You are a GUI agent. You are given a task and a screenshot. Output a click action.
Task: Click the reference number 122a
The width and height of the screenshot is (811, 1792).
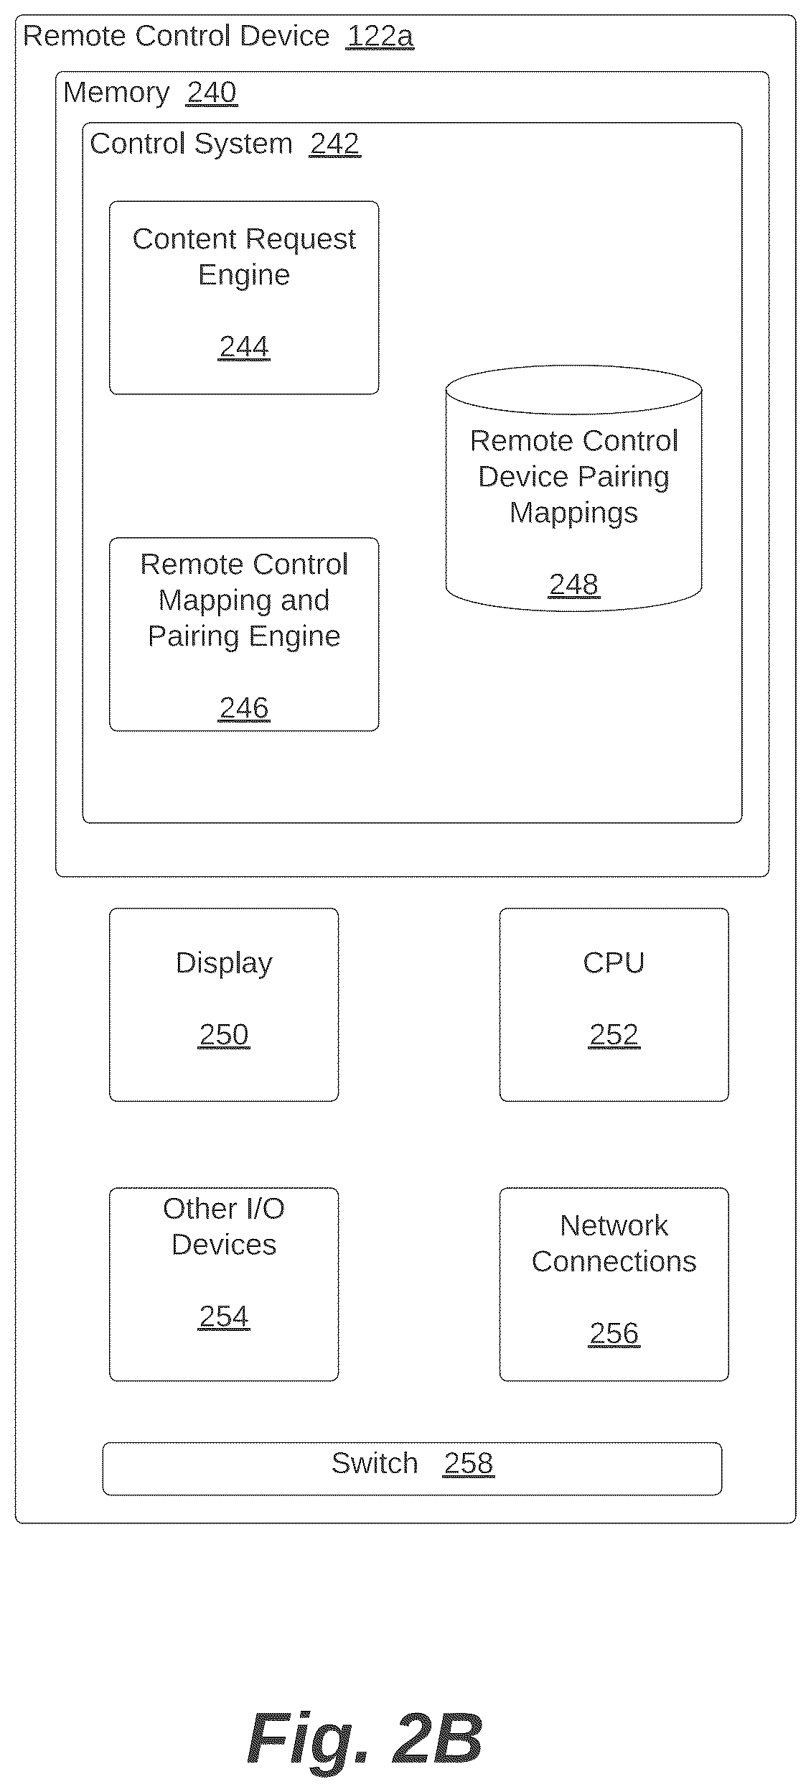(x=380, y=36)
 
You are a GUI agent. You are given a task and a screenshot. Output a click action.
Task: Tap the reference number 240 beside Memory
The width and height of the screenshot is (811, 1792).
(x=212, y=93)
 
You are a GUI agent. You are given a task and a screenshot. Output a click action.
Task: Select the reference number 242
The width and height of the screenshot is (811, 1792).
(x=334, y=144)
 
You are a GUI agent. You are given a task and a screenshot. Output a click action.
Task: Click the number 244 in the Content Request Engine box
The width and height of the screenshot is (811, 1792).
(x=244, y=347)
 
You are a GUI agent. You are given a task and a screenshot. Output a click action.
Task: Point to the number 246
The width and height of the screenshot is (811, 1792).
(x=244, y=708)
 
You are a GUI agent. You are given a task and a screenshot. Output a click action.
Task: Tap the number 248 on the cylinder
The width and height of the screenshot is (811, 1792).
(x=573, y=585)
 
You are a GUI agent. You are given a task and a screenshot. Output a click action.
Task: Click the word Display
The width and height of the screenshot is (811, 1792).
(x=224, y=963)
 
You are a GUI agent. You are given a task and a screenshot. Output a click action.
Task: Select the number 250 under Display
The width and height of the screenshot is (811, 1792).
(x=224, y=1034)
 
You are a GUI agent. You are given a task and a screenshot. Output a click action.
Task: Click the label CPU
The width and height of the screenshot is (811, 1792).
(x=614, y=962)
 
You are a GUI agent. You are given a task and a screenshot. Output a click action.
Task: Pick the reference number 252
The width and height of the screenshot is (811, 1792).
(x=614, y=1034)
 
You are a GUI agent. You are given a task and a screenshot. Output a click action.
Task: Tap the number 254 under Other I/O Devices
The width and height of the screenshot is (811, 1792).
(x=224, y=1317)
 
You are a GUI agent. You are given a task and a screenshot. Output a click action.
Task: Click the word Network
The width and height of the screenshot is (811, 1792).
(x=614, y=1225)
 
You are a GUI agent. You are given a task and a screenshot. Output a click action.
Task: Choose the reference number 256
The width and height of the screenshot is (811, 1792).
(x=614, y=1333)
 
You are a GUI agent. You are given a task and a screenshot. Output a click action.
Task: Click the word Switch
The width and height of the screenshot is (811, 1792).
(x=375, y=1463)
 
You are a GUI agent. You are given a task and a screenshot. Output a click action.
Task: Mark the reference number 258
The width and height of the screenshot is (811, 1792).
(x=469, y=1463)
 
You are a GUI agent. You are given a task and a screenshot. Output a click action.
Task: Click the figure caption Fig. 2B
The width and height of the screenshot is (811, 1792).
(x=365, y=1739)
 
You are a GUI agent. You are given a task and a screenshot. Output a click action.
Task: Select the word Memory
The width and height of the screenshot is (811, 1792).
(x=116, y=93)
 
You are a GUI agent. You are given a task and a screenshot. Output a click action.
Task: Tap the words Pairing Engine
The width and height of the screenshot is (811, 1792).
(x=244, y=637)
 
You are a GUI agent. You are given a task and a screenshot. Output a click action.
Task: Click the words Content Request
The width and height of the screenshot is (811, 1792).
(x=244, y=240)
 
